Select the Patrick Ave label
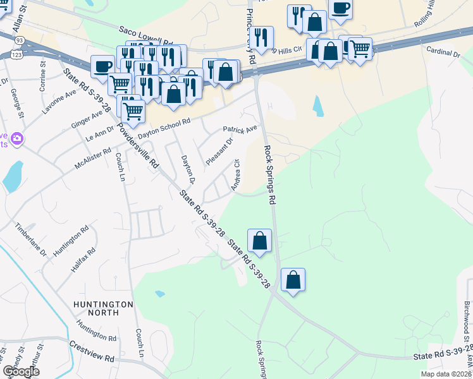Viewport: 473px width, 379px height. (240, 130)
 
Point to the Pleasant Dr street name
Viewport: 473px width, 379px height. (219, 152)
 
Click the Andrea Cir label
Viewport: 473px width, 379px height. (235, 175)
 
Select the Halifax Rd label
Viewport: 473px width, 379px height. (83, 260)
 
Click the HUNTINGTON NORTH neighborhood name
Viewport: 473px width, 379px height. (104, 308)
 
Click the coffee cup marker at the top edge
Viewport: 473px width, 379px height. (340, 9)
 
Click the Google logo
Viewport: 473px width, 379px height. (21, 371)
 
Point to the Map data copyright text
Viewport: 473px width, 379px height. (446, 374)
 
